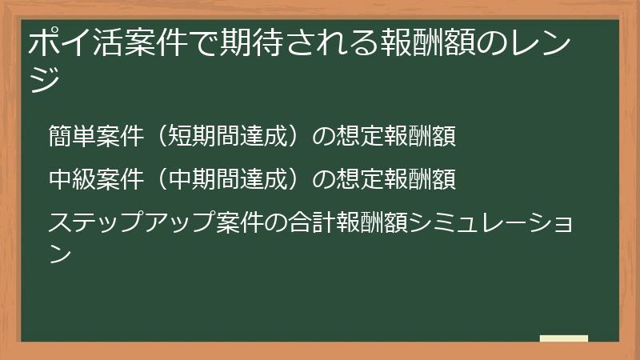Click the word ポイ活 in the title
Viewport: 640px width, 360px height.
coord(70,43)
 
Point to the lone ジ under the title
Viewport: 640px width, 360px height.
coord(43,80)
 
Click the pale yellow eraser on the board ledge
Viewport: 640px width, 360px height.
coord(563,339)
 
